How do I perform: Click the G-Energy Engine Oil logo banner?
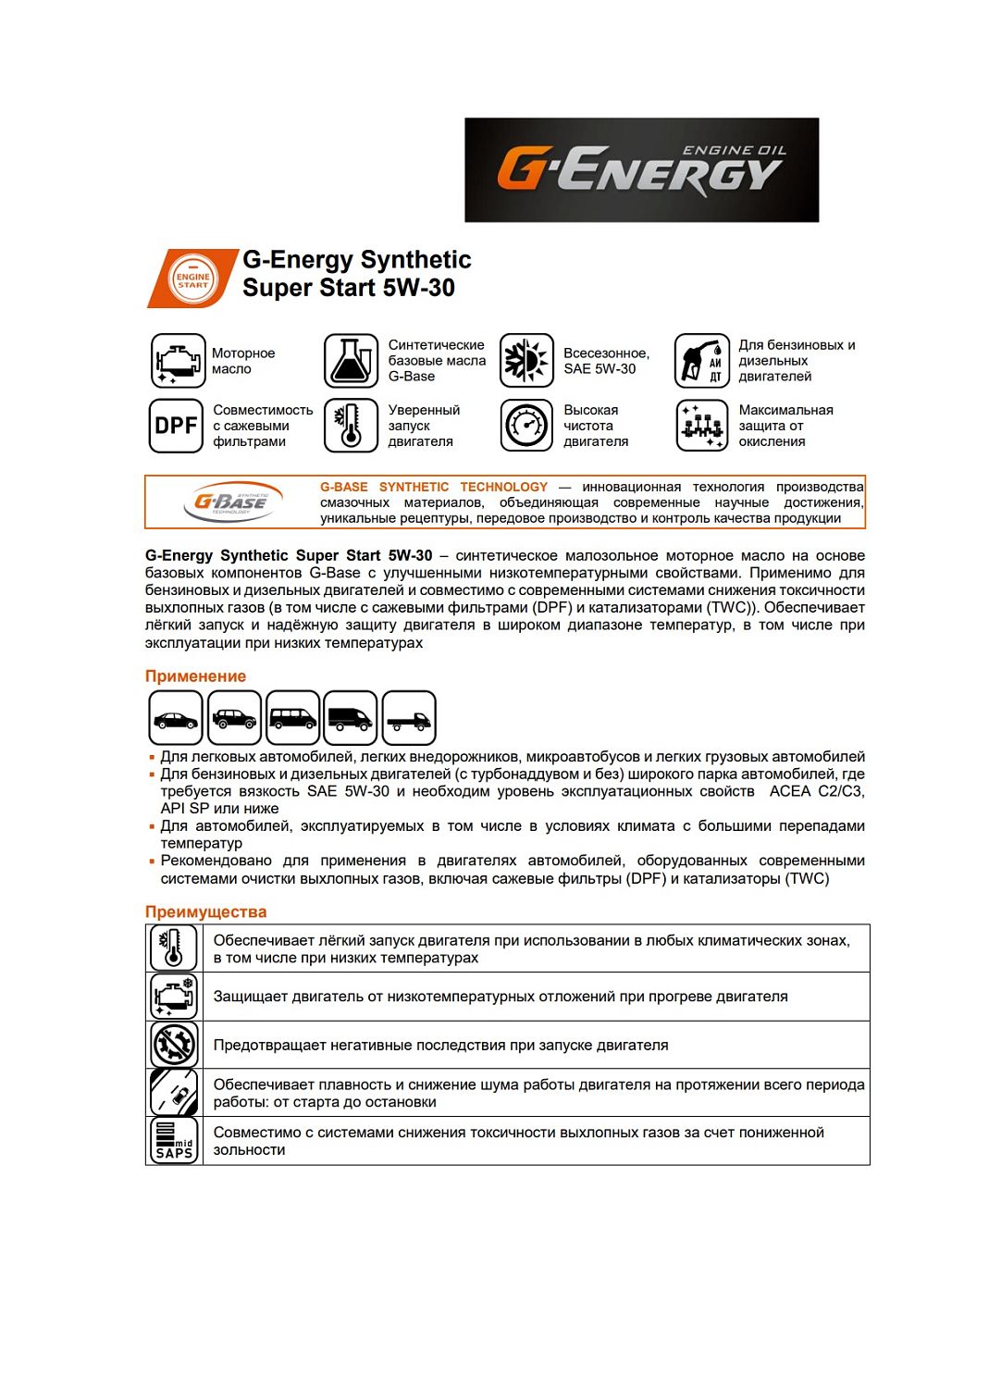coord(641,169)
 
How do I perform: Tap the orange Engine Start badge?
coord(192,279)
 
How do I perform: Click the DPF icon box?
coord(176,426)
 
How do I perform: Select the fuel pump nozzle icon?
coord(702,361)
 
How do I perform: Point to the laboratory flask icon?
coord(351,361)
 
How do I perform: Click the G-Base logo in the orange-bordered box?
coord(229,502)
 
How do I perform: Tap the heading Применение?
coord(195,676)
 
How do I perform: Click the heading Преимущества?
coord(205,911)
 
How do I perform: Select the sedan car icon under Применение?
coord(176,718)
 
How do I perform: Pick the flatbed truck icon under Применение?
coord(409,718)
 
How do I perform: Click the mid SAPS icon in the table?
coord(174,1140)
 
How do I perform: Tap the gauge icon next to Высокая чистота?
coord(526,426)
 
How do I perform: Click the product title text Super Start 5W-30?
coord(348,288)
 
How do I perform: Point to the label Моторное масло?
coord(243,361)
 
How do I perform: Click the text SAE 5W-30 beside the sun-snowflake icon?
coord(600,369)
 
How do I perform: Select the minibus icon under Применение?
coord(292,718)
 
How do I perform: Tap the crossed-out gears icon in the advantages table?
coord(174,1045)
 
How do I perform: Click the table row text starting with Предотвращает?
coord(440,1045)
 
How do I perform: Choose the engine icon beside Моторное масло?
coord(178,361)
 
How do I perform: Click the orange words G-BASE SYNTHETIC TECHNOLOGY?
coord(433,487)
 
